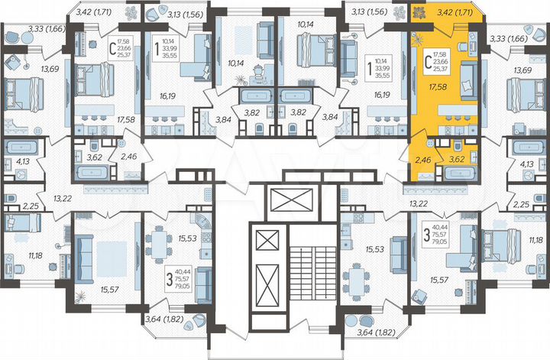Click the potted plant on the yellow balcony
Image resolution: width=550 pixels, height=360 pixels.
[420, 13]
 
